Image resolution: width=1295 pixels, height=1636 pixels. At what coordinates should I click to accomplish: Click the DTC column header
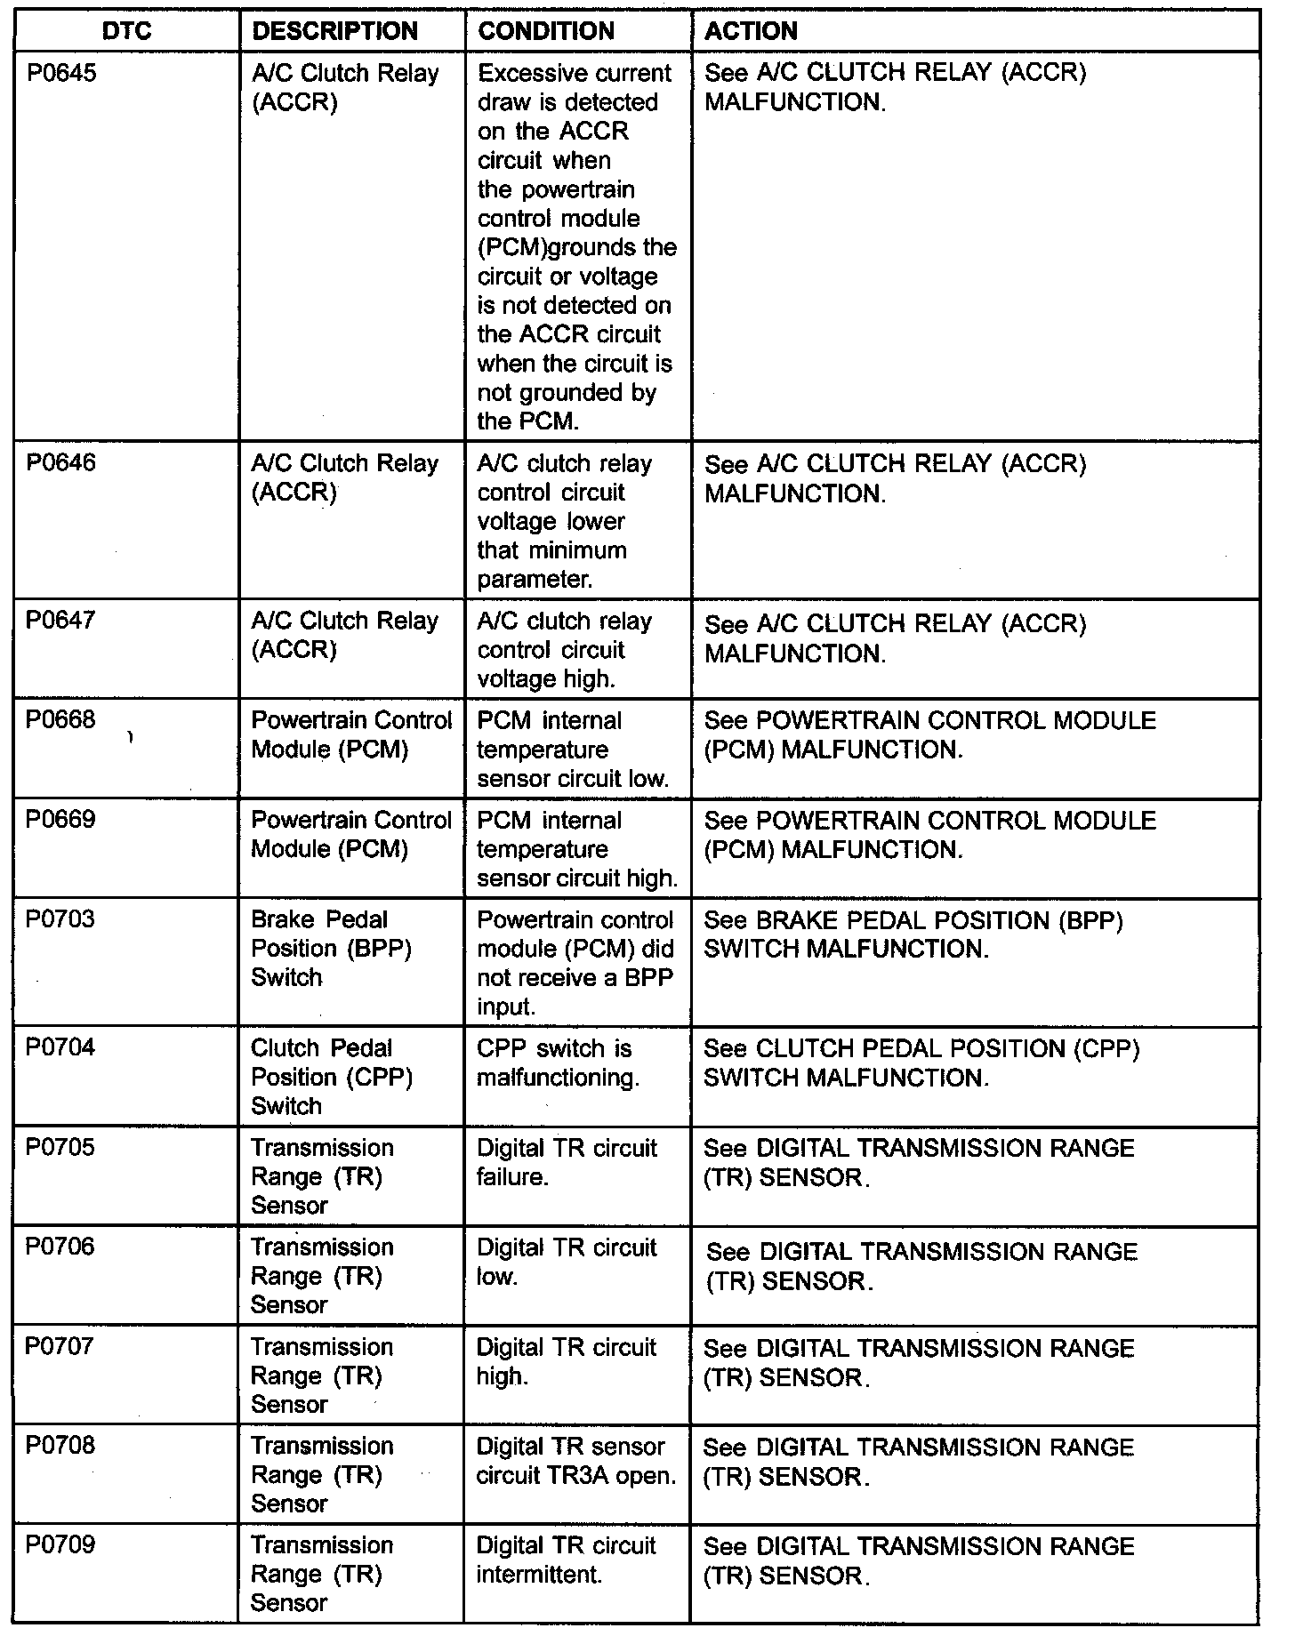(x=127, y=31)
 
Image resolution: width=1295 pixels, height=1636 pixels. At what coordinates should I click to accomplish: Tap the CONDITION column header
(x=546, y=31)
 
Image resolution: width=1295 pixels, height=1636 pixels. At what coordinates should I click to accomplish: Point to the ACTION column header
(x=752, y=31)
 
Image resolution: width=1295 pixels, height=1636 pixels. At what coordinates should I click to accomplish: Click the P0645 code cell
(x=61, y=73)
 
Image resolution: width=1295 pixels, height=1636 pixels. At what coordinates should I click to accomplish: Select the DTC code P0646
(x=61, y=463)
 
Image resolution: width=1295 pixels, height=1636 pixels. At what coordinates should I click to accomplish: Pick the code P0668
(x=61, y=720)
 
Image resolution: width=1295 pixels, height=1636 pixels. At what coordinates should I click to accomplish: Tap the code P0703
(x=61, y=919)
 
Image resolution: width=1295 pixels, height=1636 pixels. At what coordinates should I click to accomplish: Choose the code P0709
(x=61, y=1545)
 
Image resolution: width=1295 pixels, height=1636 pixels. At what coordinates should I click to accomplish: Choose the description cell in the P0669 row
(x=351, y=835)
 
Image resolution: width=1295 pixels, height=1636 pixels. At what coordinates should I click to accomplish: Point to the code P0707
(x=61, y=1346)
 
